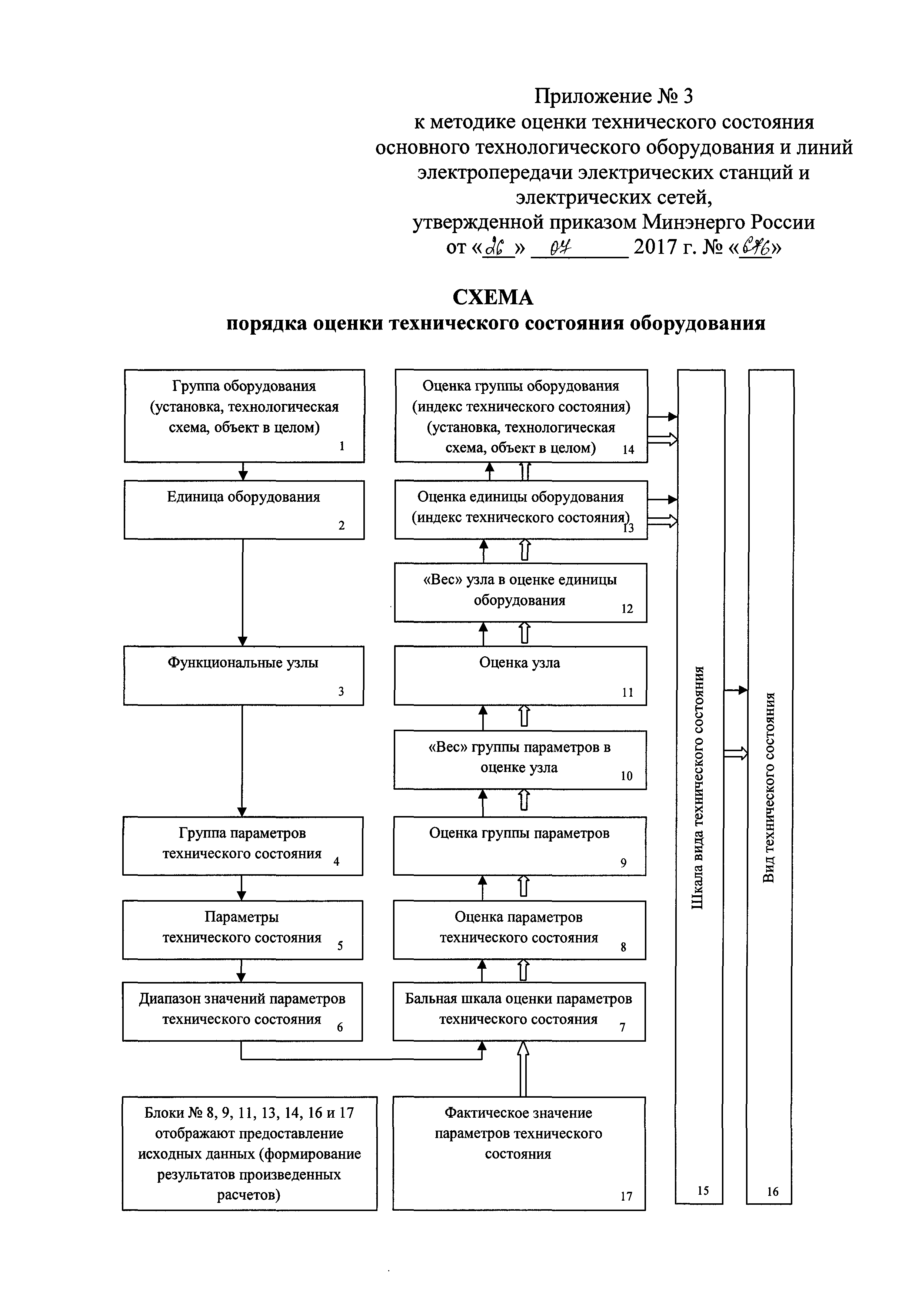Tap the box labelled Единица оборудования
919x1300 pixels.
(x=244, y=509)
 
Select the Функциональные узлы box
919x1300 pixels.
(x=243, y=675)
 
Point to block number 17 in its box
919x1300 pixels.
(x=626, y=1196)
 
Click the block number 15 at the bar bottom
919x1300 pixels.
(x=702, y=1190)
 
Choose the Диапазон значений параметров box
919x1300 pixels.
(x=242, y=1011)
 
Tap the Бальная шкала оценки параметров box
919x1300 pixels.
(x=519, y=1011)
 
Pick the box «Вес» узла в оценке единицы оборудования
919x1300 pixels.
(x=520, y=592)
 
